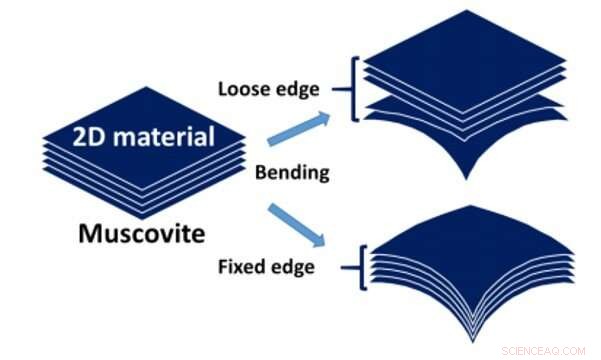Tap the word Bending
(x=292, y=172)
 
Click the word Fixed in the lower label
(x=242, y=267)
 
